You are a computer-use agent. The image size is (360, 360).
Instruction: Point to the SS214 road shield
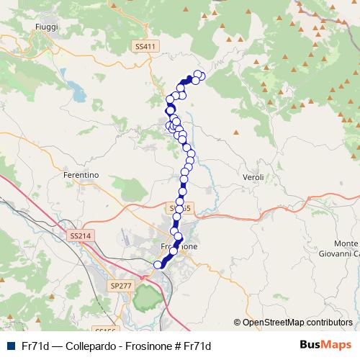81,235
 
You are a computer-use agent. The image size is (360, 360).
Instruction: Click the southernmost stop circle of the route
158,265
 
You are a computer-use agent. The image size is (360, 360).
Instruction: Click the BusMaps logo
325,345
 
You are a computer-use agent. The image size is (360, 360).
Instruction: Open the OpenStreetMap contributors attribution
297,323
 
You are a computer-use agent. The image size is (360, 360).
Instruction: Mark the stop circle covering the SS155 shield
179,209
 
